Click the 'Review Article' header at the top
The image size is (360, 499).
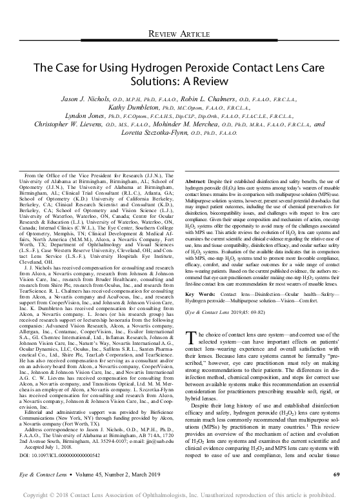180,33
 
